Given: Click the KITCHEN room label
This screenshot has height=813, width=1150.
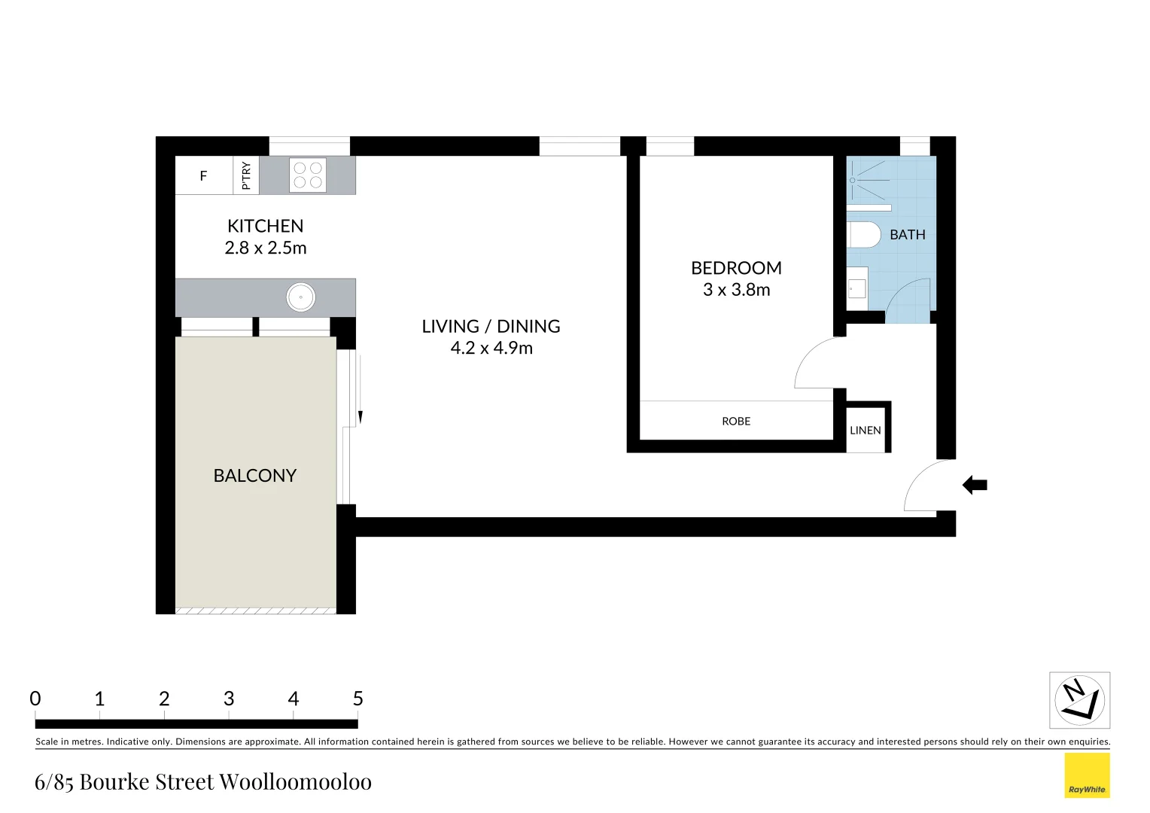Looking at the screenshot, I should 265,226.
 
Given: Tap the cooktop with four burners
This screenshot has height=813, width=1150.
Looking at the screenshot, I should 308,175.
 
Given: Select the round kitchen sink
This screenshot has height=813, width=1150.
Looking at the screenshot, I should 300,297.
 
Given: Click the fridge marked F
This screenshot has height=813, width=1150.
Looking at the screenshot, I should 203,176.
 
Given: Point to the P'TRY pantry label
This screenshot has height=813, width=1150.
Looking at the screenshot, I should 246,175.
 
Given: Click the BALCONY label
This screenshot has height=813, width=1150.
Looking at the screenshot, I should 254,476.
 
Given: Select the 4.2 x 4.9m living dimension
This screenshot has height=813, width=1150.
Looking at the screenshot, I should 491,349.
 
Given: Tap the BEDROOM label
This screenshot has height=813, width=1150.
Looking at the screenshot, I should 736,268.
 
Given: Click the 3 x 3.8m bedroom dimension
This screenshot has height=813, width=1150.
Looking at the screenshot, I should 736,290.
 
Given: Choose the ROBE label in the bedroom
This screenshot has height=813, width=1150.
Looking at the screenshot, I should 736,422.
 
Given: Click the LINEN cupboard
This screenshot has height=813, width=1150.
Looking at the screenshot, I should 866,431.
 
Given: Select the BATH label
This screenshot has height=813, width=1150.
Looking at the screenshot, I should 907,235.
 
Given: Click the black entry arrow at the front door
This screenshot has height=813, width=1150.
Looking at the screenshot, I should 975,486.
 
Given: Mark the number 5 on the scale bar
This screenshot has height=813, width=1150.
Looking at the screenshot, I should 358,699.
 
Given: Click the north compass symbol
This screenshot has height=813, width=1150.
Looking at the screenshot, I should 1079,700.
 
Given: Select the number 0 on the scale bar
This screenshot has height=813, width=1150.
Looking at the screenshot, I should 35,699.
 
